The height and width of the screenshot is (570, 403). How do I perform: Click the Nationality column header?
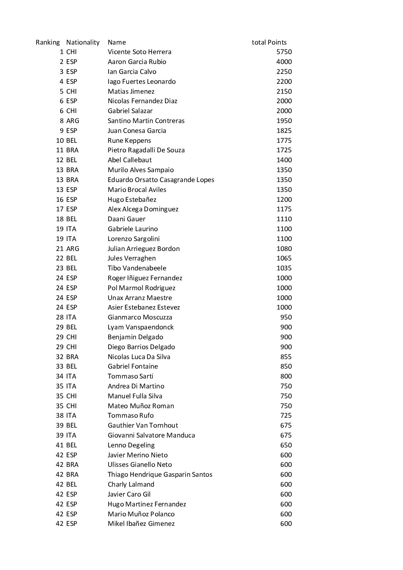point(83,42)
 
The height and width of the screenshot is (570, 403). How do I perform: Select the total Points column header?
point(269,42)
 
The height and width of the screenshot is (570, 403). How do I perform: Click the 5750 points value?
point(284,52)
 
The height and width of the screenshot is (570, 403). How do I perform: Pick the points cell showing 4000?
point(284,62)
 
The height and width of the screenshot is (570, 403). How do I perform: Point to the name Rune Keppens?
point(129,141)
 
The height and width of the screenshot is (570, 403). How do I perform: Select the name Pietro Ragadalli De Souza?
point(146,150)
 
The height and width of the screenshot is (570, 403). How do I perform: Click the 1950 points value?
point(284,121)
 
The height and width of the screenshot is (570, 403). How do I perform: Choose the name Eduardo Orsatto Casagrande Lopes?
point(161,180)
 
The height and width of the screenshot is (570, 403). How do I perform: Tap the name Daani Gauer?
point(126,219)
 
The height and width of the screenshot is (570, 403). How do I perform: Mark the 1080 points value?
point(284,249)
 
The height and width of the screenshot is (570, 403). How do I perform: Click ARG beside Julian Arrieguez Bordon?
point(72,249)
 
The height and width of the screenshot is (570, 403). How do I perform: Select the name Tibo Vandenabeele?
point(137,268)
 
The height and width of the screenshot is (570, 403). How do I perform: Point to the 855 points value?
point(286,357)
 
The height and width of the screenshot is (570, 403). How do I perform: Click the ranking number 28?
point(60,317)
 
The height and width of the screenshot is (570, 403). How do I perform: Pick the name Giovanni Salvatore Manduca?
point(151,435)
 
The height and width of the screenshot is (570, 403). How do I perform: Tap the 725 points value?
point(286,415)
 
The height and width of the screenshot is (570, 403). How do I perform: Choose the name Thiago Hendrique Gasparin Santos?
point(160,474)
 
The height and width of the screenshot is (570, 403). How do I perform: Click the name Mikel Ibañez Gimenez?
point(141,524)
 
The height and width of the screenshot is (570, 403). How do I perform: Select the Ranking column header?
point(48,42)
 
